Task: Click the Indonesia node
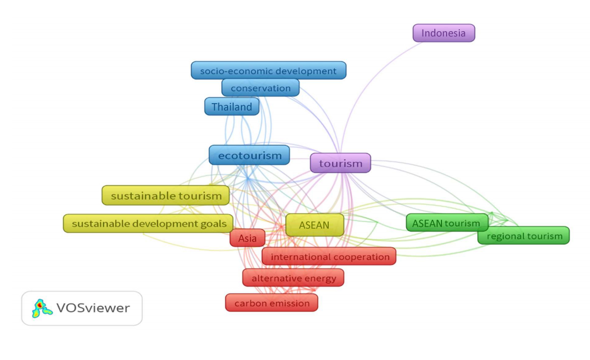(444, 33)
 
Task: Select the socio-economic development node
(268, 71)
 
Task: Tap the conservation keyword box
(260, 88)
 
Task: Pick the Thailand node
(232, 107)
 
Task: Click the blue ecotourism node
(250, 155)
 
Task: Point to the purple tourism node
(340, 163)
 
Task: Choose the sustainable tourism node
(166, 196)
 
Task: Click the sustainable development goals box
(148, 223)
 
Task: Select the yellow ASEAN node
(314, 225)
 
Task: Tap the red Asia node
(248, 238)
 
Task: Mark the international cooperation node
(330, 256)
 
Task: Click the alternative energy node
(293, 278)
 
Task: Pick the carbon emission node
(272, 303)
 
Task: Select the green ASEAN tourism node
(447, 223)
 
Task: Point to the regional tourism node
(524, 236)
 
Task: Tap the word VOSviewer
(93, 308)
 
